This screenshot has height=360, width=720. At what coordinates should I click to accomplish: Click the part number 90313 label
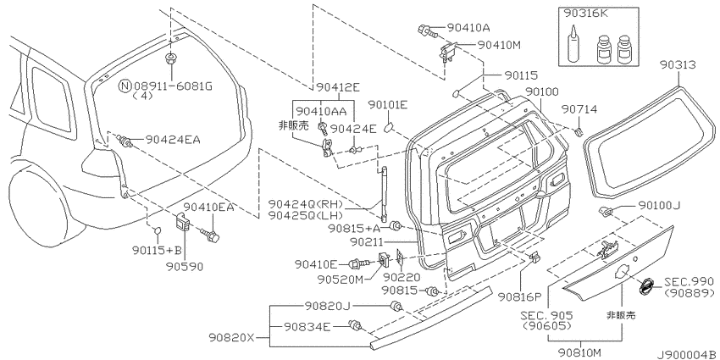pyautogui.click(x=678, y=64)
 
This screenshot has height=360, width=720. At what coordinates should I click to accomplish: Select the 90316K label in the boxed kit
pyautogui.click(x=586, y=14)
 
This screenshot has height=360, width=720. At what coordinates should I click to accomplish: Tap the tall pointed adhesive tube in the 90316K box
pyautogui.click(x=573, y=45)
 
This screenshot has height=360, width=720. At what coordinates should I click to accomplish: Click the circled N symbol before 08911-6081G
pyautogui.click(x=125, y=86)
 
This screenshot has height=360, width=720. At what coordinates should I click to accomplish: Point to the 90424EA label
pyautogui.click(x=173, y=139)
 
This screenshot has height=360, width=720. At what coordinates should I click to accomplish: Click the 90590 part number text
pyautogui.click(x=185, y=266)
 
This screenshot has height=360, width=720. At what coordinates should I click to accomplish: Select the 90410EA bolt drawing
pyautogui.click(x=210, y=234)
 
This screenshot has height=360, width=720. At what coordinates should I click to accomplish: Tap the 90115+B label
pyautogui.click(x=158, y=250)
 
